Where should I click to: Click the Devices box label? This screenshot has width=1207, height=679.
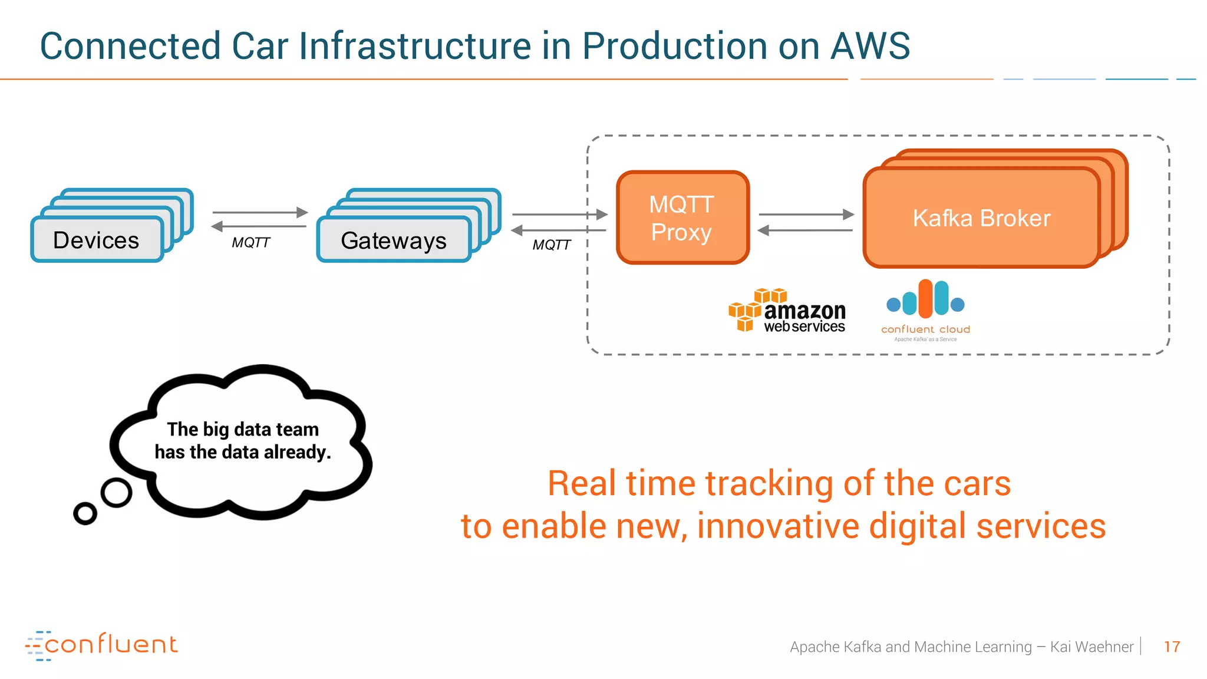96,240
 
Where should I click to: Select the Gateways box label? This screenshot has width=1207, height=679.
394,240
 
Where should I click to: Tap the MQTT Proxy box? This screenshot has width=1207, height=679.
682,218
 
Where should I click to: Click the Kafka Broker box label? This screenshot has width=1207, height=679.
981,218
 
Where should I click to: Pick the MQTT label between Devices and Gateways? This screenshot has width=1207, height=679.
250,243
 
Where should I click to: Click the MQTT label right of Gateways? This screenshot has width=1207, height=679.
551,245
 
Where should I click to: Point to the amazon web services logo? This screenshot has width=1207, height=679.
787,311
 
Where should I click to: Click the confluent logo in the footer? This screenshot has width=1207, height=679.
101,645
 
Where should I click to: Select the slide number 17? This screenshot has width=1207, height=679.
1172,647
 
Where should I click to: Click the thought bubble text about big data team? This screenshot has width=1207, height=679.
243,440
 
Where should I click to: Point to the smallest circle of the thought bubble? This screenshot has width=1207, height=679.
85,513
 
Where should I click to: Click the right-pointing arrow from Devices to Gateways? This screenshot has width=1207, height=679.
260,212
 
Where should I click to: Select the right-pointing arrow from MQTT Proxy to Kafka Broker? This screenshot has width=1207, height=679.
806,215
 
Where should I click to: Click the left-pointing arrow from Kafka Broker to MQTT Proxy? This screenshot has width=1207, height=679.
806,230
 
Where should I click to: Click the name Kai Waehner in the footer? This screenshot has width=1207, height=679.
1091,647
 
